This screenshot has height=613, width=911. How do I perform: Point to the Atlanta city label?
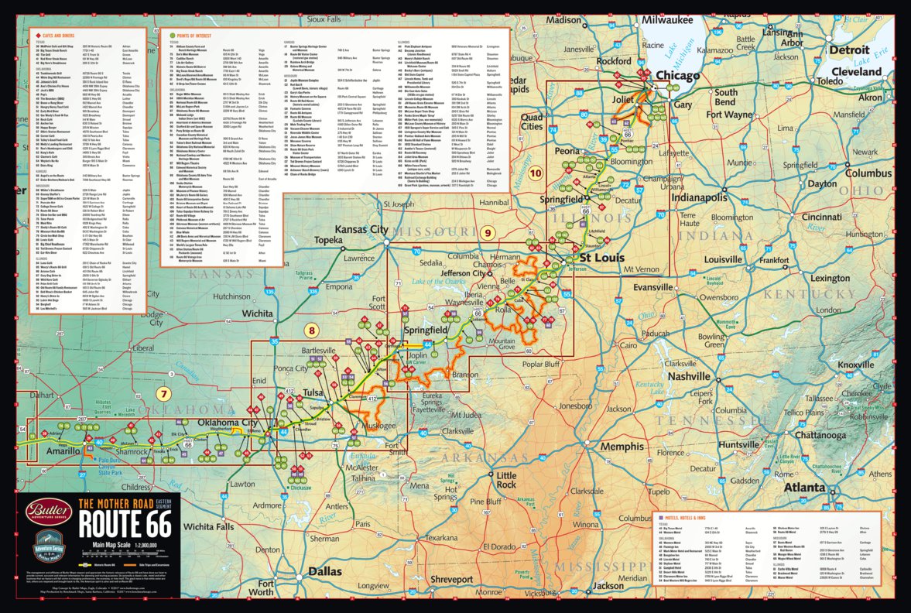point(806,488)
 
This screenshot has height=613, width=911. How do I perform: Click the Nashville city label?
point(689,375)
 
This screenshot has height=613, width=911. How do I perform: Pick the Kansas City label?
point(362,231)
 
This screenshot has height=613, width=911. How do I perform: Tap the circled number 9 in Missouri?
point(487,232)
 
